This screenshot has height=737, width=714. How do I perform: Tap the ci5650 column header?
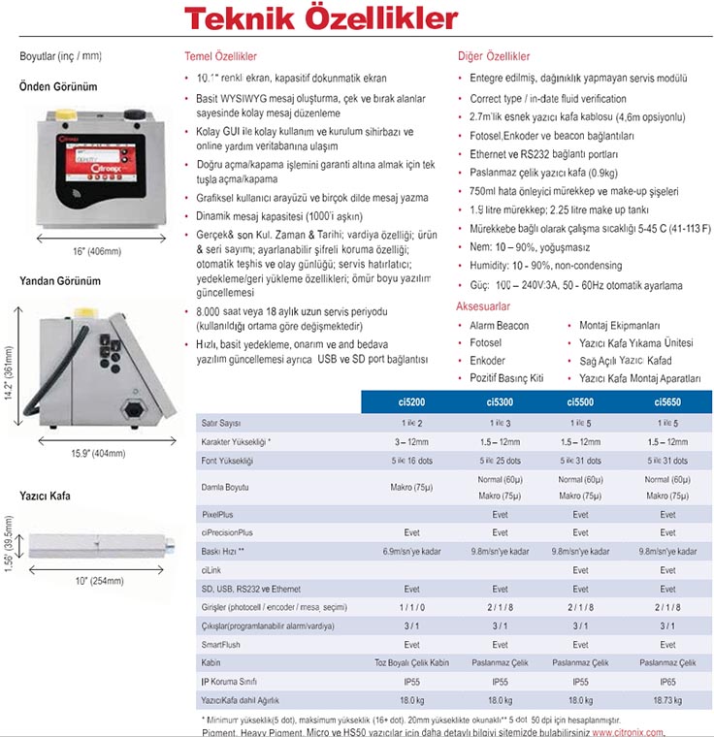point(667,401)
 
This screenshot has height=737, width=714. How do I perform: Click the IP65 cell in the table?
point(667,682)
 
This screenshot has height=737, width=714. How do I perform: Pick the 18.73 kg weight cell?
point(667,700)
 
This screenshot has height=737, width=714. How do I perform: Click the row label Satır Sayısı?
point(222,424)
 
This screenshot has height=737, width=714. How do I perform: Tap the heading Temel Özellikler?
point(222,56)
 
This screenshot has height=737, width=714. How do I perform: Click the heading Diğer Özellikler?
point(494,56)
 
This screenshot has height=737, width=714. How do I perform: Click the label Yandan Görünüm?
point(60,281)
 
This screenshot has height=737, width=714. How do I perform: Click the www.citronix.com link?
point(628,732)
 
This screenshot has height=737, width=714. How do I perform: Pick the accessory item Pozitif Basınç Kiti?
point(506,377)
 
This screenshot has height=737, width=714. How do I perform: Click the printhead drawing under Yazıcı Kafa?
point(102,548)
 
